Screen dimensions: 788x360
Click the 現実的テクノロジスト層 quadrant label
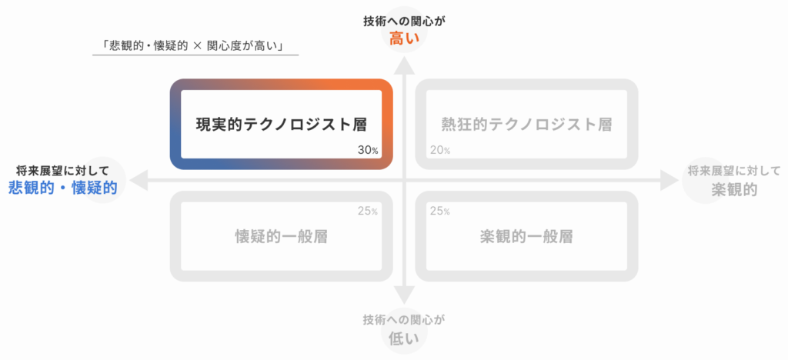coord(281,124)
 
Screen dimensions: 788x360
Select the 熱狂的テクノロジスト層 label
coord(526,124)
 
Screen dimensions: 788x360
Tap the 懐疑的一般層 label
coord(282,236)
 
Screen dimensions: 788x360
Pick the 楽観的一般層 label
coord(526,236)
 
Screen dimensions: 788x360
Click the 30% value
coord(368,150)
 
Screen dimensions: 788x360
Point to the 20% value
coord(440,150)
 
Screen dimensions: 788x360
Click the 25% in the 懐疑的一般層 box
coord(368,212)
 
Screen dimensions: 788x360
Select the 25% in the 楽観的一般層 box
coord(440,212)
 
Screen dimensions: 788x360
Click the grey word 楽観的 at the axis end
coord(734,189)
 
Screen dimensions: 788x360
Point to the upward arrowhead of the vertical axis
coord(404,65)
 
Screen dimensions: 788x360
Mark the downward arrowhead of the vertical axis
coord(404,295)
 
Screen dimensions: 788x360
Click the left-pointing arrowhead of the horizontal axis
coord(139,180)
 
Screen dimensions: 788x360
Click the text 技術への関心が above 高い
coord(405,22)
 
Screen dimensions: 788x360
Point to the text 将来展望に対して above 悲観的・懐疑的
coord(62,170)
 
